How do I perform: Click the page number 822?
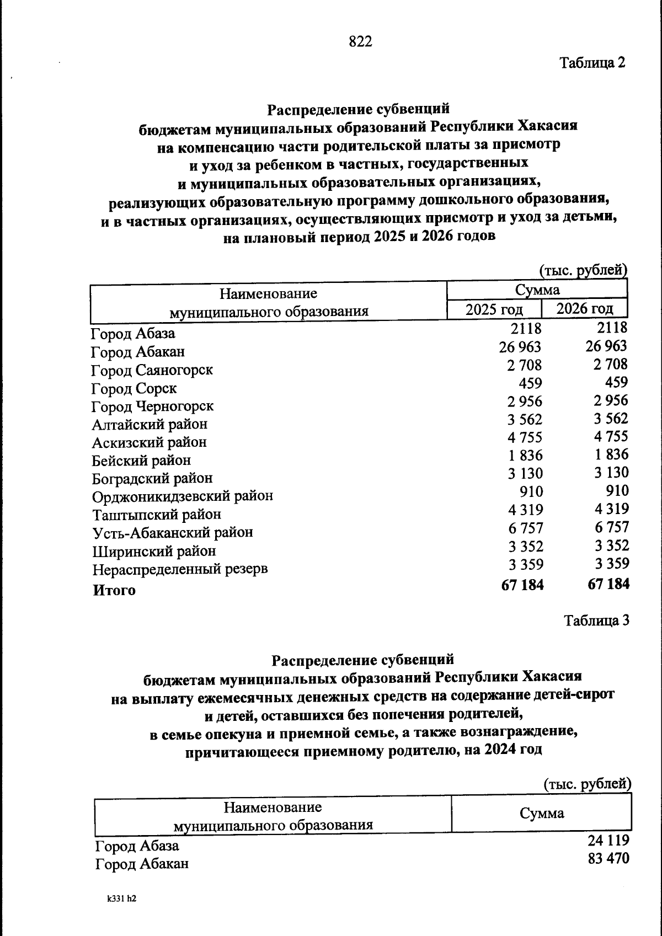361,41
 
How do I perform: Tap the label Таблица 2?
592,62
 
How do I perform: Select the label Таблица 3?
596,621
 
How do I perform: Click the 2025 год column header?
494,309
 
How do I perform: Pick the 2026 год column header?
584,308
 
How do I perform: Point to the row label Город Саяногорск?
152,370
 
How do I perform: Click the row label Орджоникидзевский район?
183,496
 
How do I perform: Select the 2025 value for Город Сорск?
531,383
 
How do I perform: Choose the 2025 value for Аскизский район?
525,437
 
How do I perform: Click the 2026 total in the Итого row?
608,584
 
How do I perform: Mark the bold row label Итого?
114,590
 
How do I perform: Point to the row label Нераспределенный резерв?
180,569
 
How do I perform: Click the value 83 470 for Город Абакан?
608,859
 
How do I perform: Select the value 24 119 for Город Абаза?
608,841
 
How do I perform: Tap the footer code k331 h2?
122,898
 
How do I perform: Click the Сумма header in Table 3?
542,813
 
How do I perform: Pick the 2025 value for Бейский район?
525,456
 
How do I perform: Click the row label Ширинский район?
154,551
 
